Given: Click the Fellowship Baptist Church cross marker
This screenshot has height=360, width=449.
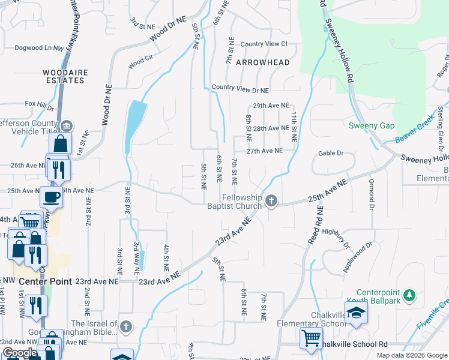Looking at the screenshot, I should click(x=271, y=200).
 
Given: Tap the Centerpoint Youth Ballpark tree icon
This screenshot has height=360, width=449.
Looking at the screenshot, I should click(x=409, y=295).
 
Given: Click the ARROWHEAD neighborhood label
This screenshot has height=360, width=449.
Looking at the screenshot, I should click(x=262, y=62).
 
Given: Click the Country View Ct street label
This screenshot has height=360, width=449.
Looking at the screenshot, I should click(x=264, y=44).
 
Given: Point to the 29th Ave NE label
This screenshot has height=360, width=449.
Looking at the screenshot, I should click(x=271, y=105).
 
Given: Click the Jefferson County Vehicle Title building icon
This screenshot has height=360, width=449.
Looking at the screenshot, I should click(x=67, y=126).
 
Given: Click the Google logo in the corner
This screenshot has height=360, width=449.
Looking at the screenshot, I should click(x=20, y=352).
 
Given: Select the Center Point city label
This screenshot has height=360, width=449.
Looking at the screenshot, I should click(x=46, y=281).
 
